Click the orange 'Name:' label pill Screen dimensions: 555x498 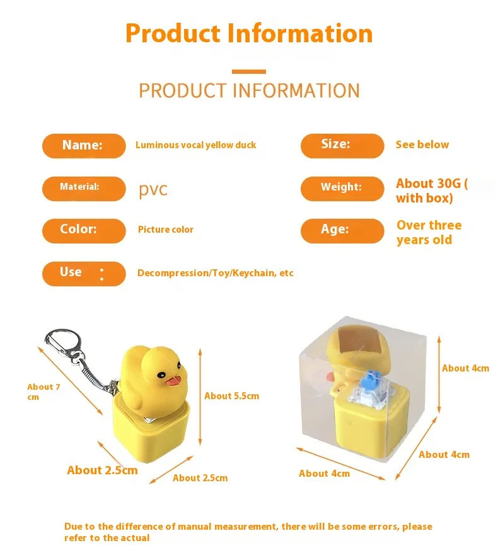point(84,146)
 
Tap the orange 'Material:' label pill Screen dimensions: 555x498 point(84,188)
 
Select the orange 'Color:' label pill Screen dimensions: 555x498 point(84,230)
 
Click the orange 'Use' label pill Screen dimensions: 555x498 point(84,273)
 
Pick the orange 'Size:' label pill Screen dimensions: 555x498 point(342,145)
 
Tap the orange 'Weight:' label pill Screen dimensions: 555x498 point(342,188)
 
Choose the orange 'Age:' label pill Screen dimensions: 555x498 point(342,230)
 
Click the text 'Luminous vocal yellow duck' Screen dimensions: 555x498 point(195,145)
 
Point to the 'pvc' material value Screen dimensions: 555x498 point(153,189)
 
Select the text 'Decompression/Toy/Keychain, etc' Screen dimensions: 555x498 point(215,273)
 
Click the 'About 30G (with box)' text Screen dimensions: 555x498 point(431,190)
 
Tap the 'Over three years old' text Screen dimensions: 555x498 point(429,232)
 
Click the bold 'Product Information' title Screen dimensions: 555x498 point(249,33)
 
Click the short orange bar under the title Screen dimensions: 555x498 point(249,71)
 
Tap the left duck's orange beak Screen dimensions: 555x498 point(172,380)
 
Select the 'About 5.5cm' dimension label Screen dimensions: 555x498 point(231,396)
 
